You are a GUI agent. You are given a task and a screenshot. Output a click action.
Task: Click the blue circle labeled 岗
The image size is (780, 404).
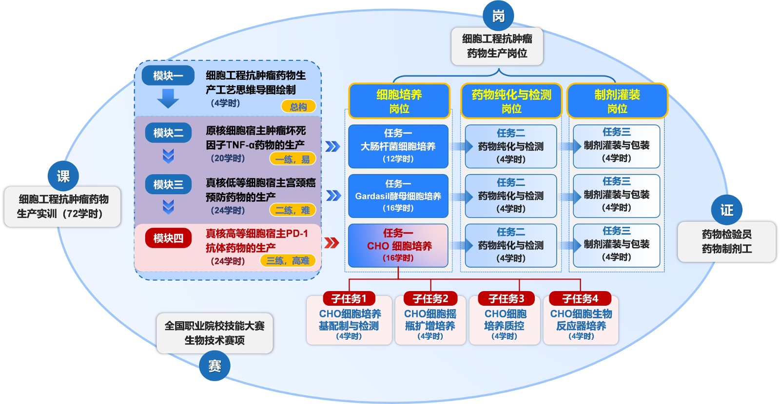click(x=498, y=16)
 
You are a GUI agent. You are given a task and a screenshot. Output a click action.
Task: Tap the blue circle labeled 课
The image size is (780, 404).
click(x=63, y=176)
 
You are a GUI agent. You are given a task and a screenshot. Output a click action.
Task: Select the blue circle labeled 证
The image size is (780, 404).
click(x=726, y=210)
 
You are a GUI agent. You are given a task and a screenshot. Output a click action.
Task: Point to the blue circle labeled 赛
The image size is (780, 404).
click(x=214, y=366)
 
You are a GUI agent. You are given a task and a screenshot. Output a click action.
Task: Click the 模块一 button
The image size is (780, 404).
click(x=168, y=75)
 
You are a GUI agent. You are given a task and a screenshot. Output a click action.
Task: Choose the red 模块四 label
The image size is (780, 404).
click(x=168, y=238)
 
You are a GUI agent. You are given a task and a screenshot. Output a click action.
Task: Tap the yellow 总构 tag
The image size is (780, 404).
click(x=298, y=107)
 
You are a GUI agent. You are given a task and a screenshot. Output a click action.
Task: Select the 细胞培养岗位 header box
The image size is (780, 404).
click(x=399, y=101)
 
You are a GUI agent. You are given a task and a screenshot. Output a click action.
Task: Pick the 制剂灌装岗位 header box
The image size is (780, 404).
click(x=617, y=101)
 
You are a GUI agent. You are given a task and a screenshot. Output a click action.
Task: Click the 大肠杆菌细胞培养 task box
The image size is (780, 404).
click(x=398, y=146)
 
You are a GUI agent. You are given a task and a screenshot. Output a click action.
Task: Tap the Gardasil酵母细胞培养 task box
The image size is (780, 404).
click(x=398, y=196)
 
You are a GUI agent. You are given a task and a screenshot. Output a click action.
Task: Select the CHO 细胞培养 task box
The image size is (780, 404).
click(x=398, y=245)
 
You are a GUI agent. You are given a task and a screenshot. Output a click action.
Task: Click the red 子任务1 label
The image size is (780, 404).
click(x=349, y=298)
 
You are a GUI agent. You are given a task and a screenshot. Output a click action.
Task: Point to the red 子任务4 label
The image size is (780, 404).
click(x=580, y=298)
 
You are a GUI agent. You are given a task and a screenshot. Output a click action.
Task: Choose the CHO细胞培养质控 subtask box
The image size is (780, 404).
click(x=505, y=322)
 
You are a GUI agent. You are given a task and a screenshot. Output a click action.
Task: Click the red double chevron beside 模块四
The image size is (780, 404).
click(x=331, y=242)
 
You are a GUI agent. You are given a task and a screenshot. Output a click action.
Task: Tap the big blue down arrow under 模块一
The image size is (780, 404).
click(x=168, y=99)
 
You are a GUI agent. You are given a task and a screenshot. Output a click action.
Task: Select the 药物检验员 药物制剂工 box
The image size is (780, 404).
click(x=726, y=241)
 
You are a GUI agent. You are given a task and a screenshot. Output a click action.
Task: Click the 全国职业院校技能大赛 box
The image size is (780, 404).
click(x=214, y=333)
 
